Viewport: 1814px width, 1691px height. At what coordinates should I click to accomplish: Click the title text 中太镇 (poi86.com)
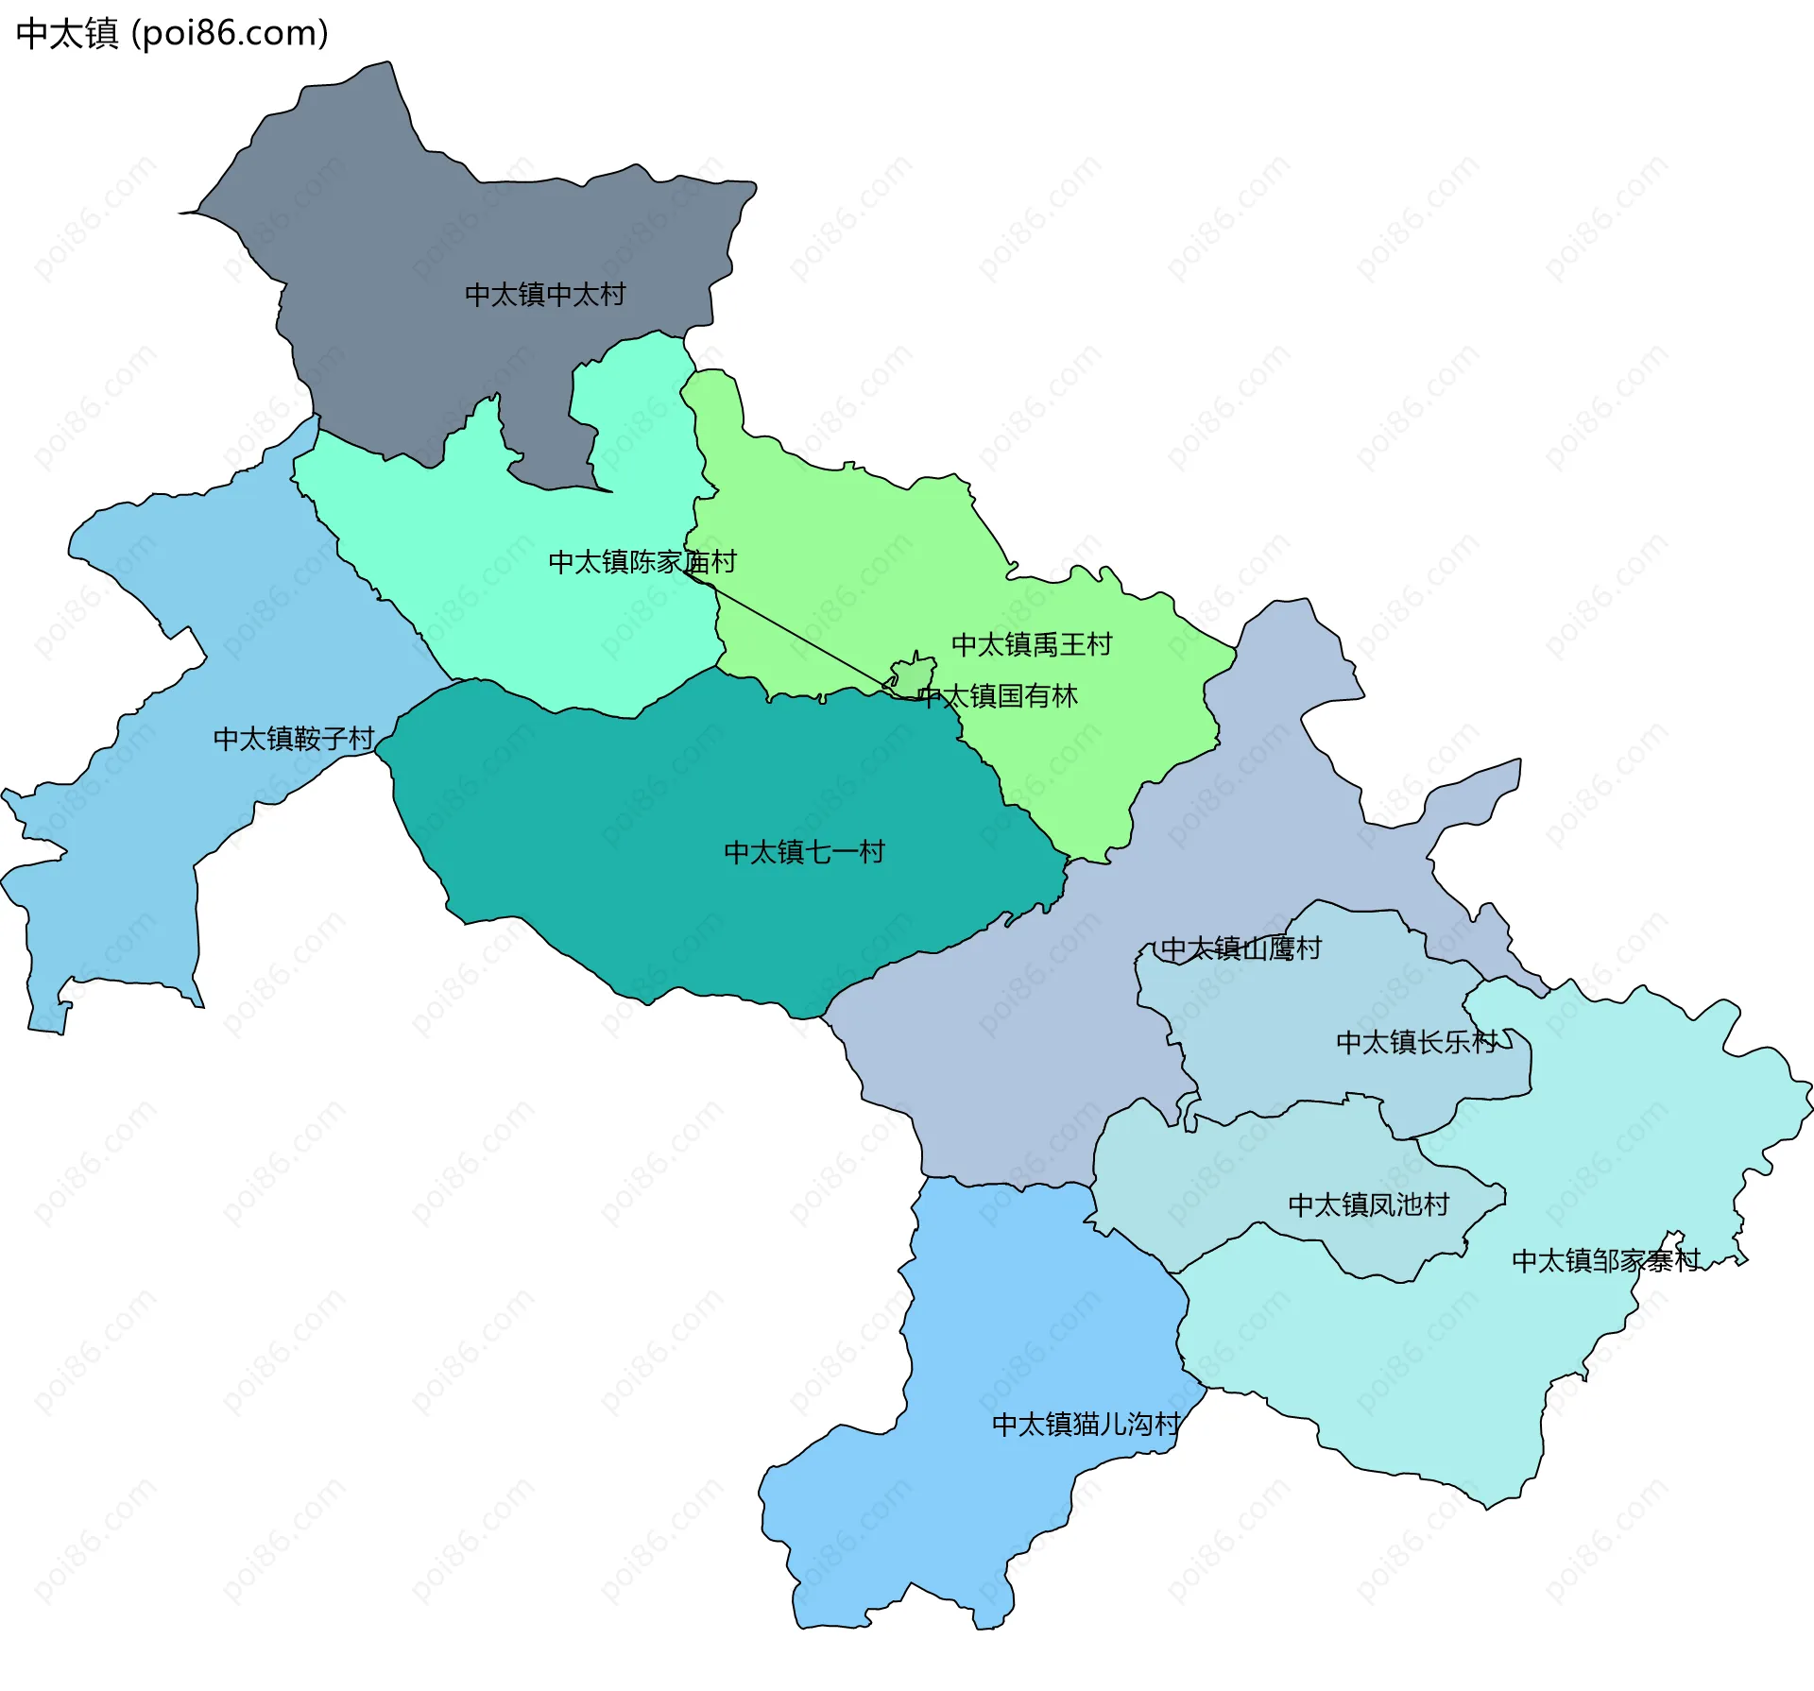pos(172,33)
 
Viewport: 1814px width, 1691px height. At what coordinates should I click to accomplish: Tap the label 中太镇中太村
pos(545,295)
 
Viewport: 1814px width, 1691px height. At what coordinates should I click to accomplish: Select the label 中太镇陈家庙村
pos(642,562)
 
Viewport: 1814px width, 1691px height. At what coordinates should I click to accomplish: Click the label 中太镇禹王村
pos(1032,644)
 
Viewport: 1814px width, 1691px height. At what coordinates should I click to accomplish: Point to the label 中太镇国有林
pos(998,696)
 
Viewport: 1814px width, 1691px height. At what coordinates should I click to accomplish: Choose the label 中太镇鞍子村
pos(294,739)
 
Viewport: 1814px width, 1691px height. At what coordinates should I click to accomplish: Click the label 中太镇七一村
pos(804,852)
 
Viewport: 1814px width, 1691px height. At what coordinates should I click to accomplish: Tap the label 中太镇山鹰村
pos(1241,948)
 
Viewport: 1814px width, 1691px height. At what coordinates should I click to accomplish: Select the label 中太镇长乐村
pos(1417,1042)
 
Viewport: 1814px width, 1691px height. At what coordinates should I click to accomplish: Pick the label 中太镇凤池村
pos(1368,1204)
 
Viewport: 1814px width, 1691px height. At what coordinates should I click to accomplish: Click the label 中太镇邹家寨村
pos(1605,1260)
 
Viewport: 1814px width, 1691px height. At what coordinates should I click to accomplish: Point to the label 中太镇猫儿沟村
pos(1086,1424)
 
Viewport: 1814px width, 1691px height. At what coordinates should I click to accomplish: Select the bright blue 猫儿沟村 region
pos(992,1323)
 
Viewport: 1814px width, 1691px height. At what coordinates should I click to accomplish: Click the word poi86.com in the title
pos(231,33)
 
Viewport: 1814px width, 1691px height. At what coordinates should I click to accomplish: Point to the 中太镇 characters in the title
pos(67,33)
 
